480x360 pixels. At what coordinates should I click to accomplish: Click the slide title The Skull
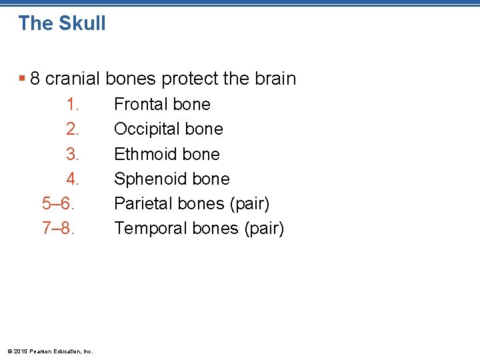click(x=62, y=23)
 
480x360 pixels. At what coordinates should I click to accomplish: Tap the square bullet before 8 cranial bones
click(x=23, y=79)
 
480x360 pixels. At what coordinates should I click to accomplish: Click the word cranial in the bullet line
click(x=73, y=79)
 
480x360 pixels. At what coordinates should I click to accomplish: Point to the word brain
click(x=274, y=79)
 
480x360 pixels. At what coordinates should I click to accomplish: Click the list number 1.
click(x=73, y=105)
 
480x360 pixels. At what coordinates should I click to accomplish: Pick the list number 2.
click(x=73, y=129)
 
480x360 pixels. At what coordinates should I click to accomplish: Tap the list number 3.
click(x=73, y=154)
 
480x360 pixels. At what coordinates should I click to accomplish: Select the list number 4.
click(x=73, y=179)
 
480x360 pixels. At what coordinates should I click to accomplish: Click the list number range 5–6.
click(x=57, y=203)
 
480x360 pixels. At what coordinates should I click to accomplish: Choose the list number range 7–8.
click(x=57, y=228)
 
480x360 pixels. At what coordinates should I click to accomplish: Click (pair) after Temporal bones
click(x=264, y=229)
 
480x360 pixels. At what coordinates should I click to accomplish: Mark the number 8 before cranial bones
click(x=35, y=79)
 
